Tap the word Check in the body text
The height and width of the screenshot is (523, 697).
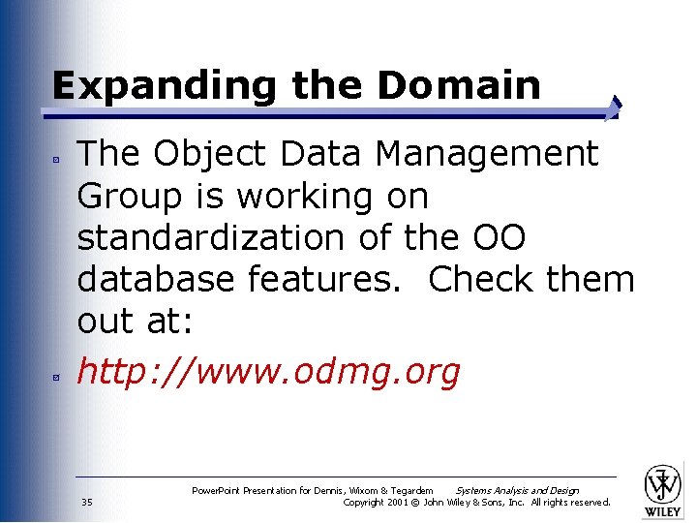pyautogui.click(x=482, y=279)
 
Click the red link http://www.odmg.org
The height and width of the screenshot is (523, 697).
pyautogui.click(x=268, y=371)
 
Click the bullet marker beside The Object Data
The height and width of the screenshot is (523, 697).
pyautogui.click(x=58, y=156)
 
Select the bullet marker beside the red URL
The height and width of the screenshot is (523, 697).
pyautogui.click(x=58, y=374)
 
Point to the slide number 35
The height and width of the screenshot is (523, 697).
pyautogui.click(x=87, y=502)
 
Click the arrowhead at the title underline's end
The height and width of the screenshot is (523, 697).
pyautogui.click(x=615, y=108)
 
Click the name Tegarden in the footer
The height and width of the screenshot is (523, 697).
pyautogui.click(x=410, y=491)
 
